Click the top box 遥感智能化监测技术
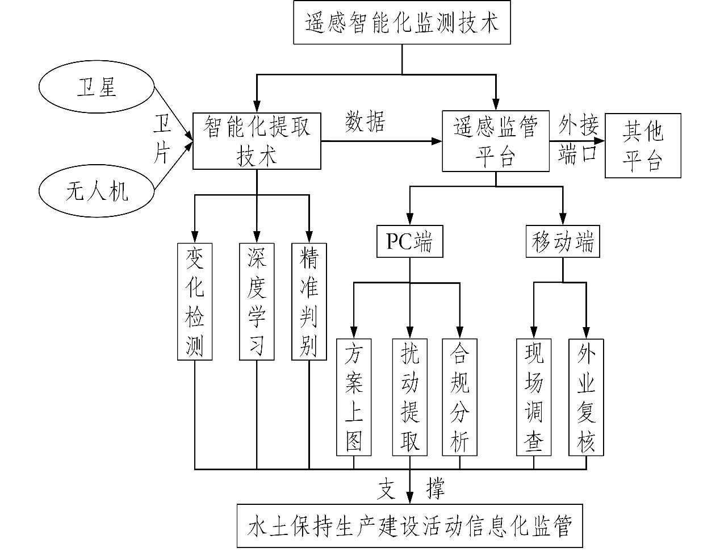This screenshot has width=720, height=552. click(x=402, y=23)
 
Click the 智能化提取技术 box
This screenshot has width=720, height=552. click(x=257, y=141)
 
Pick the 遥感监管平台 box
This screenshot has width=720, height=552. click(x=495, y=141)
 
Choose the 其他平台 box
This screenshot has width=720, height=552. click(x=642, y=145)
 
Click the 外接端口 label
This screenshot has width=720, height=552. click(x=577, y=139)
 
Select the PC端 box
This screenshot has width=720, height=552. click(x=409, y=242)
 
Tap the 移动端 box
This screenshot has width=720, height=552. click(x=563, y=242)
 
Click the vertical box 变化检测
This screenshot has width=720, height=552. click(x=195, y=302)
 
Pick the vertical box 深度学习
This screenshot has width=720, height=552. click(x=257, y=302)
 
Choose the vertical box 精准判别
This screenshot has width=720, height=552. click(x=309, y=302)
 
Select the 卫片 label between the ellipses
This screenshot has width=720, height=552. click(x=163, y=138)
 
